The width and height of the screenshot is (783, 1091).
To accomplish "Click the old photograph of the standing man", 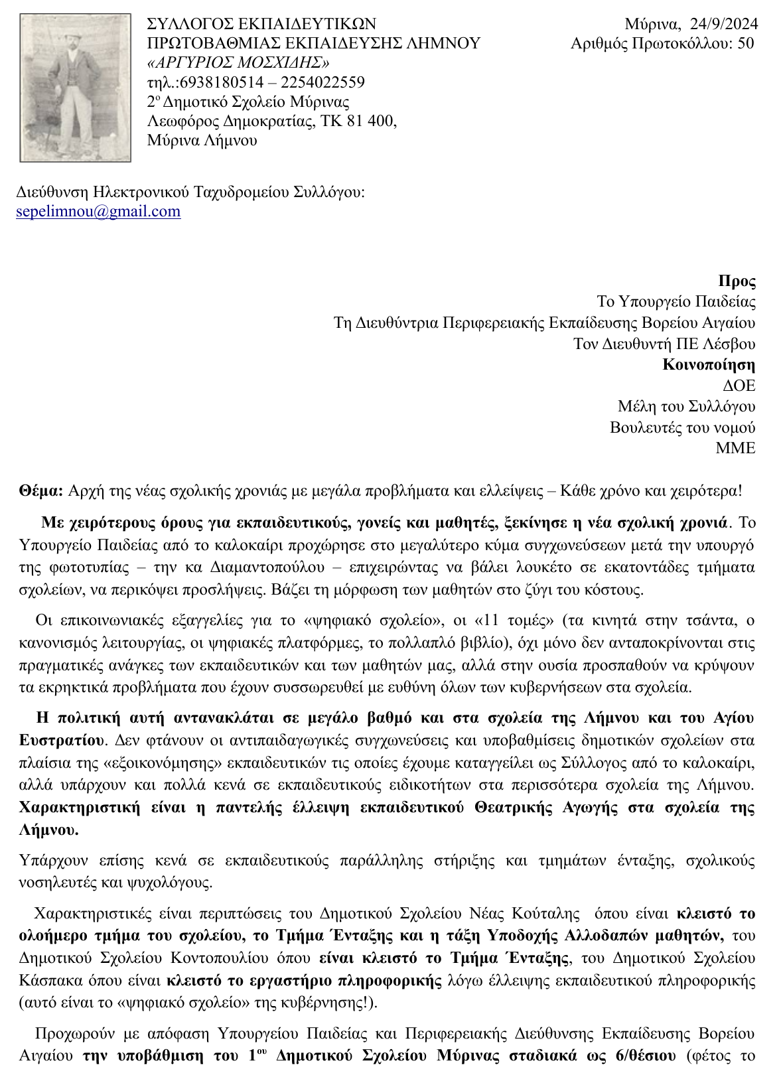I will coord(75,88).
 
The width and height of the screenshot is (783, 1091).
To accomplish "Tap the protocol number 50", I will coord(746,44).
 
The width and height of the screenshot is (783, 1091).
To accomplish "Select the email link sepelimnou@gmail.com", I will coord(98,212).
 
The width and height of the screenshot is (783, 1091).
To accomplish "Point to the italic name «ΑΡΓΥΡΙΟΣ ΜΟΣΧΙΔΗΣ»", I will coord(238,63).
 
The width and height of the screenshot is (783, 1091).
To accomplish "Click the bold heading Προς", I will coord(737,281).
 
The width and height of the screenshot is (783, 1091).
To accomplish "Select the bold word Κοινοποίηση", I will coord(709,364).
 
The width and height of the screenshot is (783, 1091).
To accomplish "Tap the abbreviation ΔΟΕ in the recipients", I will coord(739,386).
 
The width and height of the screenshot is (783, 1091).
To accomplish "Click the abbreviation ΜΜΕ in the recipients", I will coord(735,448).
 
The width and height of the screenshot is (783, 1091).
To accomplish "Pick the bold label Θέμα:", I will coord(41,491).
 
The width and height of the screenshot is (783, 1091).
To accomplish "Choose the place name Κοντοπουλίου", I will coord(222,958).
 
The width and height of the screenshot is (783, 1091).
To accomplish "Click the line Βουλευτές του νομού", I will coord(682,427).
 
